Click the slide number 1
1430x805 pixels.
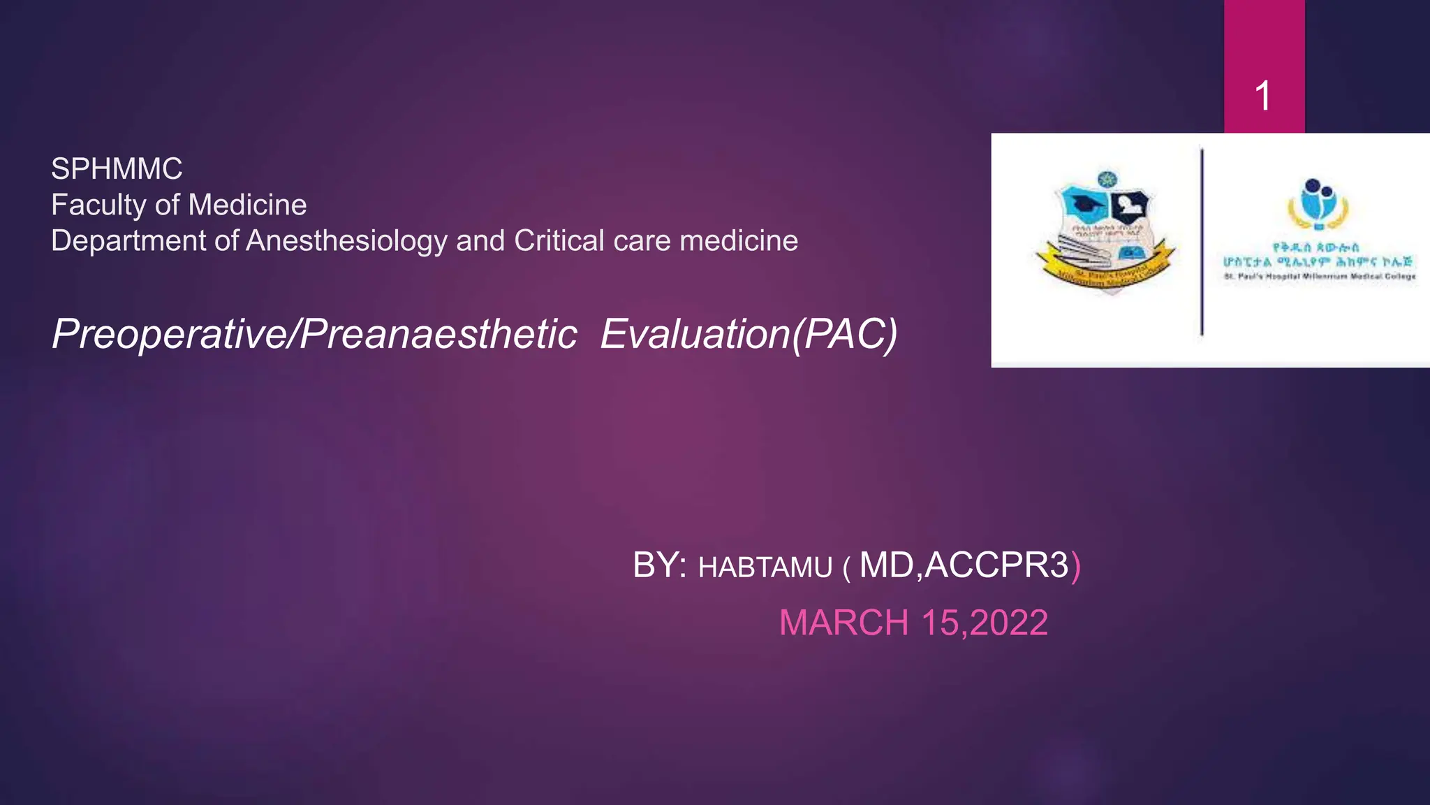click(x=1262, y=96)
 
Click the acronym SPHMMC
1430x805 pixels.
click(x=117, y=169)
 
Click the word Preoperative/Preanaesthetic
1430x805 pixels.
click(x=314, y=334)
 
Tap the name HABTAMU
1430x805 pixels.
click(x=765, y=567)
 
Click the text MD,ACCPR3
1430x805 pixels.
click(x=964, y=565)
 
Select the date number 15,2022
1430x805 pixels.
click(x=985, y=623)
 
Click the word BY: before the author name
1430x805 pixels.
click(x=659, y=565)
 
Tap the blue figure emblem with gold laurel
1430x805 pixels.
click(x=1318, y=204)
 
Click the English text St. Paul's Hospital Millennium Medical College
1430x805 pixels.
click(x=1320, y=277)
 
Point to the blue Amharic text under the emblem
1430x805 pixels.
click(x=1317, y=255)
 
